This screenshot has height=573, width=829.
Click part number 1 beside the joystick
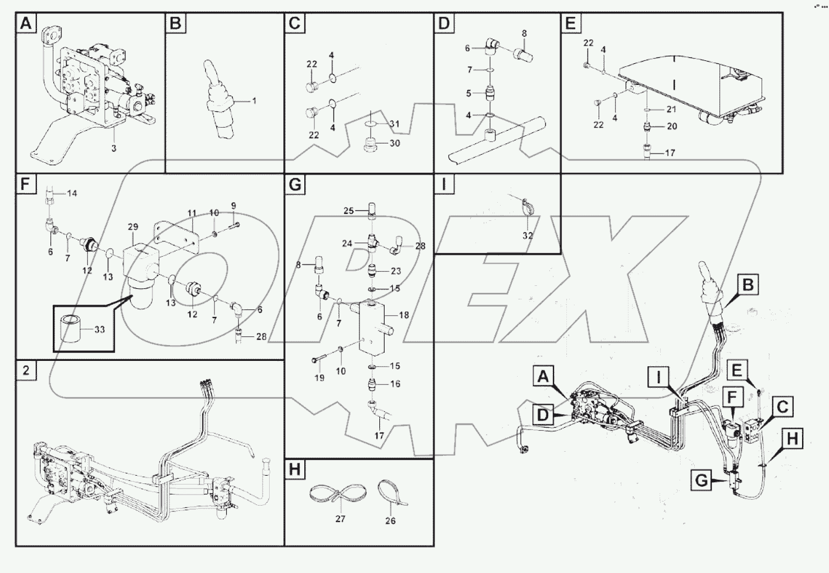254,101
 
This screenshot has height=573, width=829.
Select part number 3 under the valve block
114,148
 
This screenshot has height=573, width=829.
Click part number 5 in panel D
468,93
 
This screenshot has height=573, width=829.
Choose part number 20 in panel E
671,127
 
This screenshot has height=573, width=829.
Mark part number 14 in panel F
72,193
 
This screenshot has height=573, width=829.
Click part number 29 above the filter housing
132,227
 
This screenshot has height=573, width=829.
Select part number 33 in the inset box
99,330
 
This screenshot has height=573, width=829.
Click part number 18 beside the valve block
403,315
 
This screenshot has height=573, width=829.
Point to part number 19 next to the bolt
319,378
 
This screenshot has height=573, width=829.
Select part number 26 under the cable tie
391,520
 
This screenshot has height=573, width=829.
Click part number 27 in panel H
340,519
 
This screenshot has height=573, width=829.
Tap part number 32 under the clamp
528,236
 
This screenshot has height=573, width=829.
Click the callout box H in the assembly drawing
792,438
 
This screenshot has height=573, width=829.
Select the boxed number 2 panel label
26,371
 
